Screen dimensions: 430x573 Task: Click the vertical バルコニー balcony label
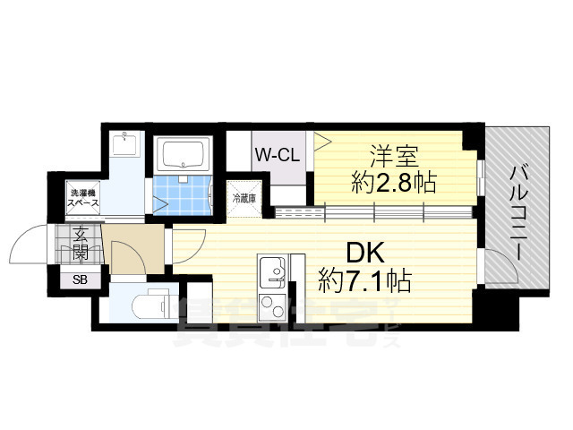(x=517, y=211)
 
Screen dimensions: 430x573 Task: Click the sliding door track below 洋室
(x=376, y=212)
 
